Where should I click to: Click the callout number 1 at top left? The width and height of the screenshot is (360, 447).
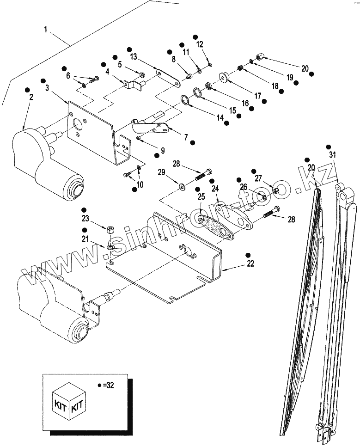pos(46,29)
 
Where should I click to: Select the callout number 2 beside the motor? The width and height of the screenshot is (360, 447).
pos(31,98)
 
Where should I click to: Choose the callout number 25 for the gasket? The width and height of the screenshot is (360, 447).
pos(201,197)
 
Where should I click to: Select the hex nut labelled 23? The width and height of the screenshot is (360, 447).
pos(111,229)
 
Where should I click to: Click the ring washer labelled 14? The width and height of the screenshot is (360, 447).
pos(184,99)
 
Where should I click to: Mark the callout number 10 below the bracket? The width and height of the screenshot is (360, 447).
pos(140,184)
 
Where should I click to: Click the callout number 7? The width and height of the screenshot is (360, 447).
pos(186,137)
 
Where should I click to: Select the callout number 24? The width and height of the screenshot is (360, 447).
pos(215,189)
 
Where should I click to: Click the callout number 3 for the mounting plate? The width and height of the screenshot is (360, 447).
pos(47,87)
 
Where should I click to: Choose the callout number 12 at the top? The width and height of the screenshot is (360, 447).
pos(200,44)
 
